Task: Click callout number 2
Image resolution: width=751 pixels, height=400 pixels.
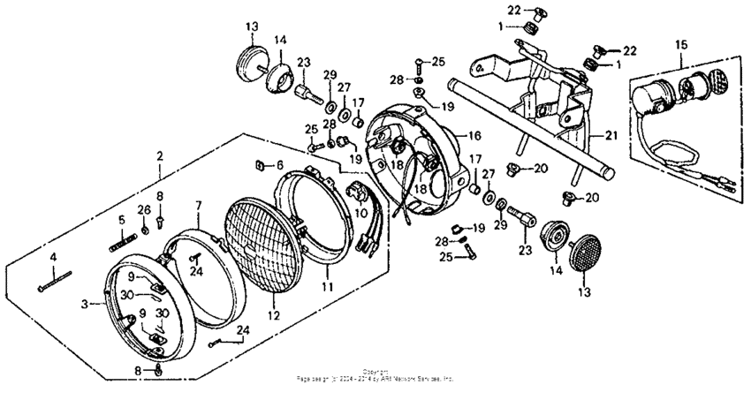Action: (x=160, y=155)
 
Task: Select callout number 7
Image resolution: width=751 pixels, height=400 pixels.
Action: (x=200, y=204)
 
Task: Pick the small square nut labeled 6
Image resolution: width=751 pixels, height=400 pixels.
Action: (x=259, y=164)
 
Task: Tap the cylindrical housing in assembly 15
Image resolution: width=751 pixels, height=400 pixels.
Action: (x=655, y=94)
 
